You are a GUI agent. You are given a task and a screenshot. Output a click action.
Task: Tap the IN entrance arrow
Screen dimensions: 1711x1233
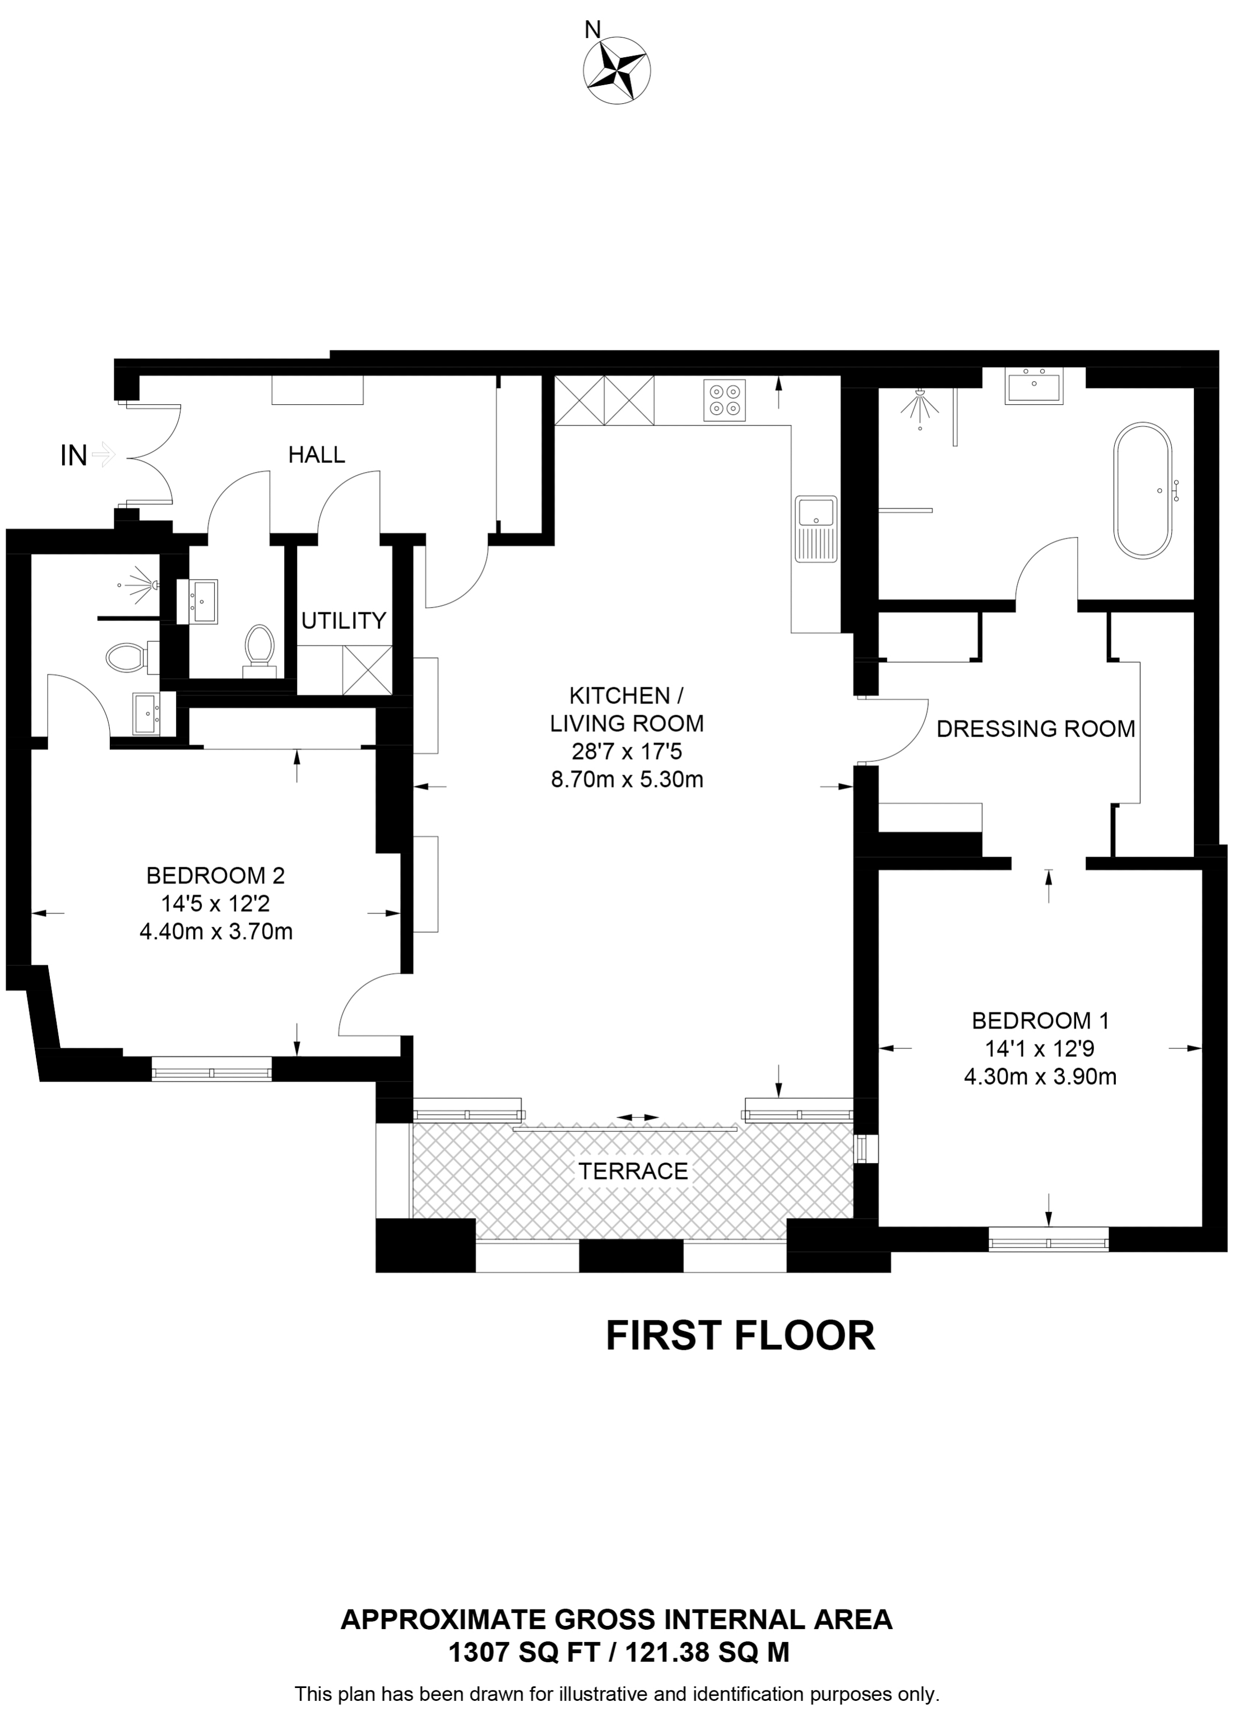(x=102, y=454)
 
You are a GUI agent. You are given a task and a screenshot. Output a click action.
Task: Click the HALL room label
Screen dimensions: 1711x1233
(x=316, y=454)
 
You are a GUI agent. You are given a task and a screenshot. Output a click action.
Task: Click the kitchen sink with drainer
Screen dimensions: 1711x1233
(x=816, y=529)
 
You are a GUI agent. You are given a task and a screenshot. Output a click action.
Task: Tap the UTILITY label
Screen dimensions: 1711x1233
(x=343, y=621)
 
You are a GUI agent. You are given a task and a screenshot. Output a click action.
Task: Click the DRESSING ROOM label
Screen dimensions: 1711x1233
(x=1035, y=729)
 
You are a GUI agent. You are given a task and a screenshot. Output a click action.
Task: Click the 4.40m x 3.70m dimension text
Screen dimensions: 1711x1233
(x=216, y=932)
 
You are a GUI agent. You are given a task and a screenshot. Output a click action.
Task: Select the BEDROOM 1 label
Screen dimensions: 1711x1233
(x=1040, y=1021)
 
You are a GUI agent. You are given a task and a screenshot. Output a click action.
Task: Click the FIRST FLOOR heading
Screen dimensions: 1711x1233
(x=740, y=1335)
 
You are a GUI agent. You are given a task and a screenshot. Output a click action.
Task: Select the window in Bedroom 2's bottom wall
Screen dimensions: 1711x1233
(x=211, y=1069)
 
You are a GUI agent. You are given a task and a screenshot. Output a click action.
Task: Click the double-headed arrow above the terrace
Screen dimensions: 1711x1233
(x=638, y=1117)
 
